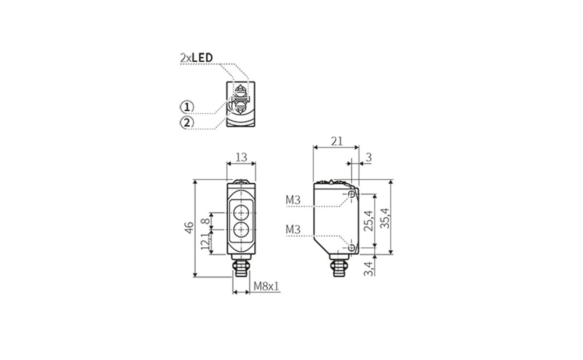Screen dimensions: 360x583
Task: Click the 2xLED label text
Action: click(196, 58)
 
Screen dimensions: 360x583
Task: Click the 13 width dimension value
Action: click(241, 157)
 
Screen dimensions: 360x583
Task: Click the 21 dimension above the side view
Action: click(337, 141)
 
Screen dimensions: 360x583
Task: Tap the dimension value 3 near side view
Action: click(368, 157)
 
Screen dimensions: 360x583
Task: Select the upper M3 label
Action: click(293, 200)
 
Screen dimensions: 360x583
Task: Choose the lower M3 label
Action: click(293, 229)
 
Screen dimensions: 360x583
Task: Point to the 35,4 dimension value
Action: click(385, 218)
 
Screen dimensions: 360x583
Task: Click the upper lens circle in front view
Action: click(241, 213)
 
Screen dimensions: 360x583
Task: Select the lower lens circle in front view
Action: click(241, 229)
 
